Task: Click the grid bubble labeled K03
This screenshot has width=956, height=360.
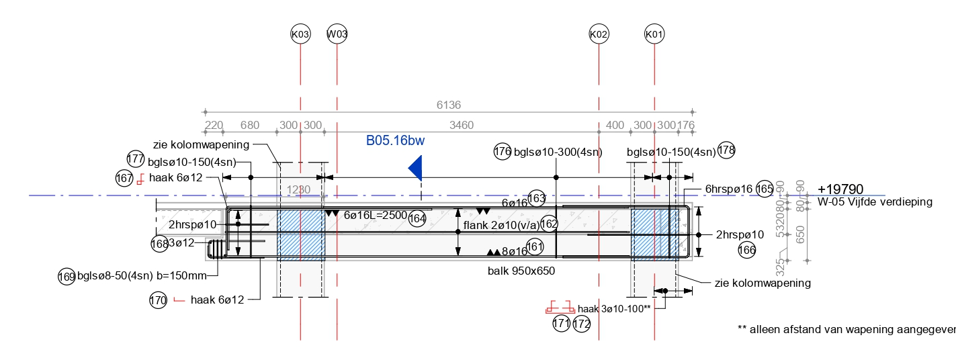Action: point(300,34)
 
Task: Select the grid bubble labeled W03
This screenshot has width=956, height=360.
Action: point(337,34)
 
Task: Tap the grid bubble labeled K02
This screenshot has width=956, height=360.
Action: point(599,34)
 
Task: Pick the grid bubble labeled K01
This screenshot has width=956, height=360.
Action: point(654,34)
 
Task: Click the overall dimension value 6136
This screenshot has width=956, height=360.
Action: point(449,105)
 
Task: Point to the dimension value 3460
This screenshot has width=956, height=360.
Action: point(462,125)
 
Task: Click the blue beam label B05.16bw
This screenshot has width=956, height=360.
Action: point(395,141)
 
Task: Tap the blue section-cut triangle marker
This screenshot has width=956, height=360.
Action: point(416,168)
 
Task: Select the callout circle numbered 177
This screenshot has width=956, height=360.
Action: point(136,159)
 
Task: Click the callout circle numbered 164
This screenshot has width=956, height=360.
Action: point(417,218)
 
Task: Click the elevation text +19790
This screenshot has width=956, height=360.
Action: point(840,189)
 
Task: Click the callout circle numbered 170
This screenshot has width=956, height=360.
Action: point(159,301)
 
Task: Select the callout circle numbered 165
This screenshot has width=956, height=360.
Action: point(765,189)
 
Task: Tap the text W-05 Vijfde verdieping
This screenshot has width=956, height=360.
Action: point(875,201)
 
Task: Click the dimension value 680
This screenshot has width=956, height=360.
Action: point(249,125)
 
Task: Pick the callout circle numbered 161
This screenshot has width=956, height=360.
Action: point(535,246)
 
